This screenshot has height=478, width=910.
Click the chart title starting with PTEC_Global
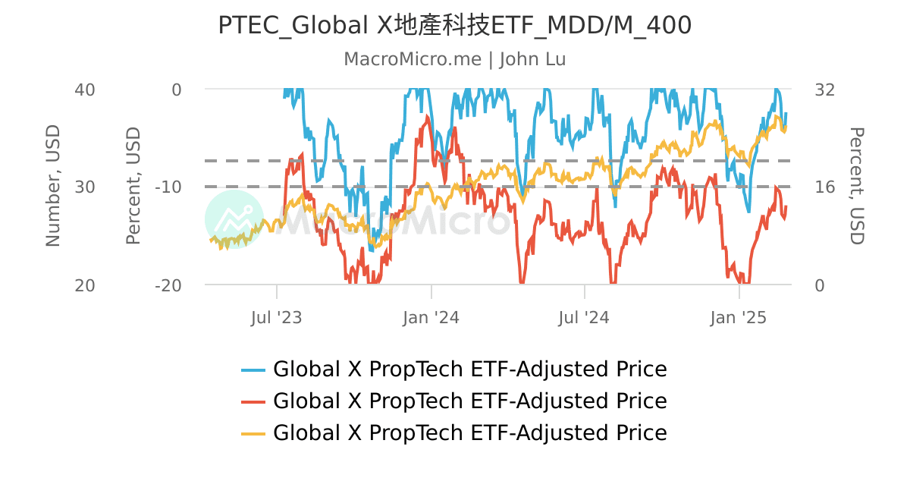point(454,26)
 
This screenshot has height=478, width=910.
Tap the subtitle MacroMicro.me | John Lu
point(454,59)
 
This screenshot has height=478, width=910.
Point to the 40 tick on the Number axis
point(85,90)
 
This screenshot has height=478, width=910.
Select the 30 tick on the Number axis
point(85,187)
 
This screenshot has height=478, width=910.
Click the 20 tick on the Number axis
point(85,285)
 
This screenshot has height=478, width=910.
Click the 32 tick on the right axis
point(824,90)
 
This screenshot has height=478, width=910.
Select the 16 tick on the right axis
point(824,187)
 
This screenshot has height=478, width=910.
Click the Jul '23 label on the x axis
point(277,318)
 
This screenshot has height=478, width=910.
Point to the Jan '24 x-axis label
point(431,318)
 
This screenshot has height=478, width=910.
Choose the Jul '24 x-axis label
point(585,318)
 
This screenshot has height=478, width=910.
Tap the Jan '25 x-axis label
point(739,318)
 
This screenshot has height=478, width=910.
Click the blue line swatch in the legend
point(253,370)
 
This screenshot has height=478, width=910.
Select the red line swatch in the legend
point(253,401)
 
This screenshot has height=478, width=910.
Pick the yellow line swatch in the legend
point(253,433)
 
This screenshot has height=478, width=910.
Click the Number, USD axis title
point(52,186)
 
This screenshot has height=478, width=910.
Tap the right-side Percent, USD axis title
point(856,186)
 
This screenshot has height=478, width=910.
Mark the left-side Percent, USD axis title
point(133,186)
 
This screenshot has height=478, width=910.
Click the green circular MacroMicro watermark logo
point(234,219)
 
